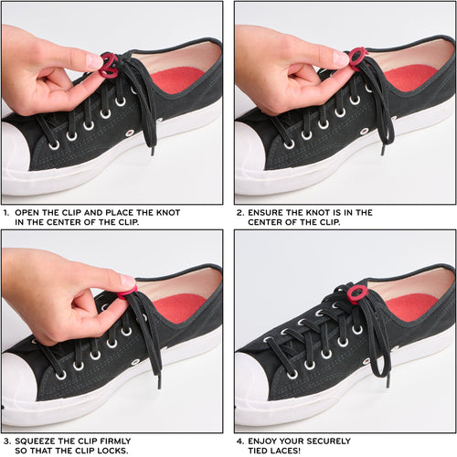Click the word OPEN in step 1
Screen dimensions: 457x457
click(30, 212)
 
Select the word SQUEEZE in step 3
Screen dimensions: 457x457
click(41, 441)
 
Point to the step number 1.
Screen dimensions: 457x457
click(5, 212)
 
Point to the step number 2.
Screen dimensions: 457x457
click(239, 212)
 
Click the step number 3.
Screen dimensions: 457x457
click(5, 441)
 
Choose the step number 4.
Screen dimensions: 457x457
click(239, 441)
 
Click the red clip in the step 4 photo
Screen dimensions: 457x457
click(356, 293)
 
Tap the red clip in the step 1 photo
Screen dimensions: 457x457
click(109, 64)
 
